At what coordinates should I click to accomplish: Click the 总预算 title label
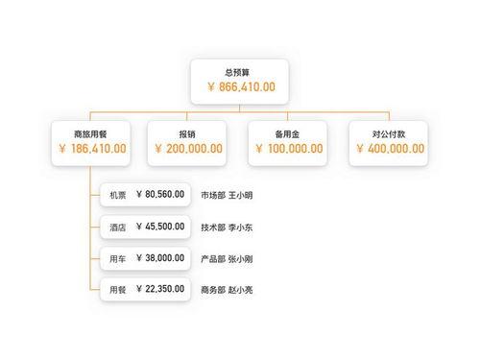pos(240,71)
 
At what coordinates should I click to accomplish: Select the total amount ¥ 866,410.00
pos(240,87)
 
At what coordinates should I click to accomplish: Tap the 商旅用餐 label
pos(89,133)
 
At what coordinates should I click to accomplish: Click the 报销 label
pos(187,133)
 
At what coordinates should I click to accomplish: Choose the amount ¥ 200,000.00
pos(187,150)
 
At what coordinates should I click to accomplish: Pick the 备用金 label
pos(288,133)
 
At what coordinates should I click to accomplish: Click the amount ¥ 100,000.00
pos(288,150)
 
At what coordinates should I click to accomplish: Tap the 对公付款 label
pos(389,133)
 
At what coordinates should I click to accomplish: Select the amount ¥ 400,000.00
pos(389,150)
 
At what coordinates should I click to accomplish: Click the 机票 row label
pos(117,195)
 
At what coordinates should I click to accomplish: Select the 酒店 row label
pos(117,228)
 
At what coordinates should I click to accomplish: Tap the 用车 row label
pos(117,259)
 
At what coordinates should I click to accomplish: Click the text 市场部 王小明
pos(228,196)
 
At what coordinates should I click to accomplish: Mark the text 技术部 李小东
pos(228,228)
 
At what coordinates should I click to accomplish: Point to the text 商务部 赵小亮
pos(228,290)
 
